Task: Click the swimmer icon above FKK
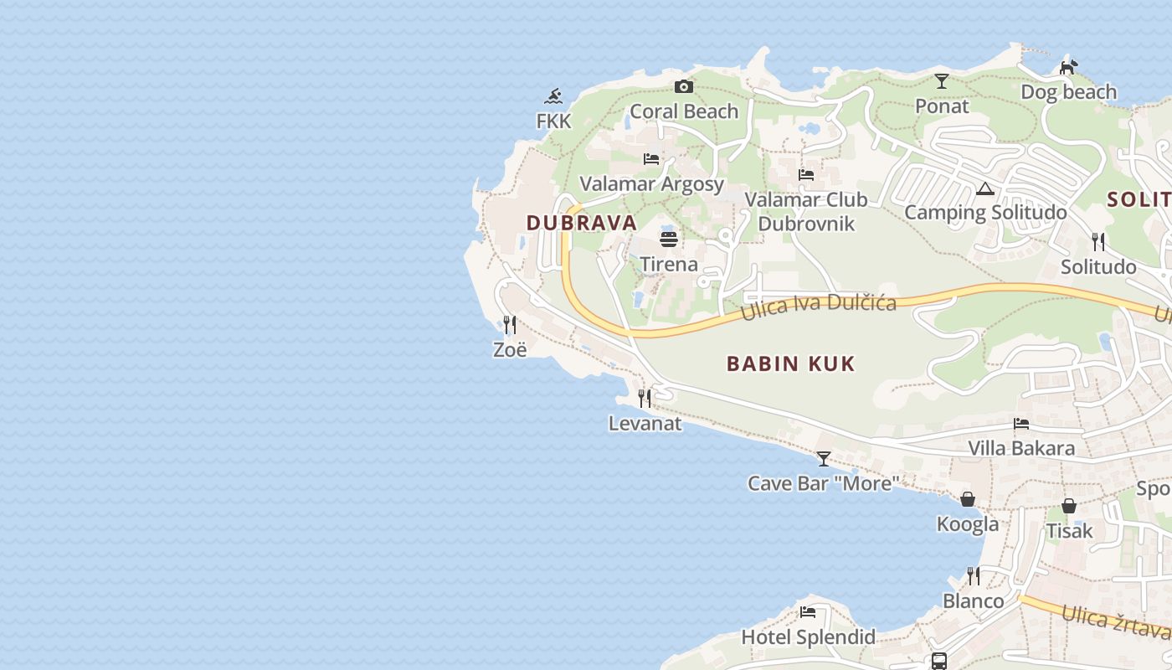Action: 553,96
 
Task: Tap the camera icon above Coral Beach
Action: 684,86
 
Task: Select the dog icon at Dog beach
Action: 1068,66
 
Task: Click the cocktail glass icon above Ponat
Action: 942,81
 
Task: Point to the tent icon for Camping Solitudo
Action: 984,188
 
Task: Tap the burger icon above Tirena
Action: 668,240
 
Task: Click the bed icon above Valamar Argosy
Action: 651,158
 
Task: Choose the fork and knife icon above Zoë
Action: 509,324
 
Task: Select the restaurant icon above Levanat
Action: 644,398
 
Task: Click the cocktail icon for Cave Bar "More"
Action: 824,458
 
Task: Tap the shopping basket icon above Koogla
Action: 968,499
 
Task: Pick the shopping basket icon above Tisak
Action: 1069,506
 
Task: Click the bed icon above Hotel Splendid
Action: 808,612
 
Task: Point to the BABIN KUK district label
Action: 791,363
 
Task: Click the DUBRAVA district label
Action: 582,223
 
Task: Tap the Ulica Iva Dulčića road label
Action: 819,307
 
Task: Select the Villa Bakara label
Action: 1021,448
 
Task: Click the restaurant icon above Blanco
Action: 973,576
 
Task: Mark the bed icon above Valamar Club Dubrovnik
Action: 806,175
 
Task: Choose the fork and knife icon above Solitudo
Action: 1098,242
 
